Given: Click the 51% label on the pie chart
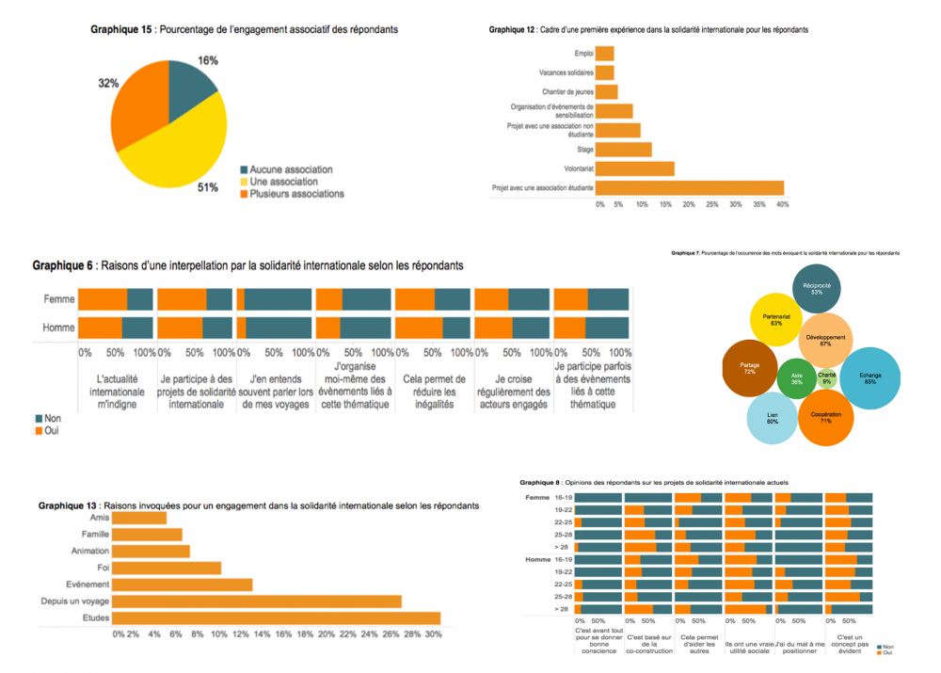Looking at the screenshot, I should point(208,187).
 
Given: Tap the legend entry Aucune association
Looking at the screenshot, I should point(291,169).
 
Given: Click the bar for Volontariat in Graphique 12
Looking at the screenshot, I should point(635,168).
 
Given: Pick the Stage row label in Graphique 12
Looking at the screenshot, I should point(584,150).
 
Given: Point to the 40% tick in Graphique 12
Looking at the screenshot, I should point(782,204).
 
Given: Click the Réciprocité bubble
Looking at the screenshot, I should point(815,289).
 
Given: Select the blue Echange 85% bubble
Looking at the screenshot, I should point(870,377).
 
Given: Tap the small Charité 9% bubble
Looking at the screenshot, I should point(827,378).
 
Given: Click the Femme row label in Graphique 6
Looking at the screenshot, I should point(59,299).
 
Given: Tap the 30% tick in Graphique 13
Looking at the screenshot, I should point(433,634).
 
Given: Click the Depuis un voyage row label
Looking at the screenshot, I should point(74,601).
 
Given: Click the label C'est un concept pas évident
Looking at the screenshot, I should point(851,644).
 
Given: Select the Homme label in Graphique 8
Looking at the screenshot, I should point(537,560).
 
